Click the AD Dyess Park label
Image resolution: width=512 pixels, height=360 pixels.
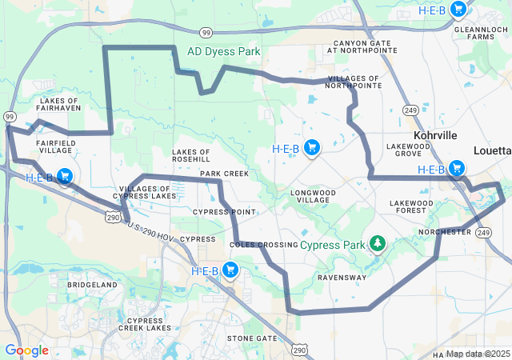224,51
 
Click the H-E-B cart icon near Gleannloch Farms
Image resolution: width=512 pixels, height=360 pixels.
458,10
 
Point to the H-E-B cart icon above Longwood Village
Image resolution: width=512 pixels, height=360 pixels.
312,147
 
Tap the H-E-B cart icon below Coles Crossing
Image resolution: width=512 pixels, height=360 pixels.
230,270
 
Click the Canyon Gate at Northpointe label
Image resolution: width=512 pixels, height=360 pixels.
362,46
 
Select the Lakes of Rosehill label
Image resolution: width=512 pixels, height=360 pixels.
191,155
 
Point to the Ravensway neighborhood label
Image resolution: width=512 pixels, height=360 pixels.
342,278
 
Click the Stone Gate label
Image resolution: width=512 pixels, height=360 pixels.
251,338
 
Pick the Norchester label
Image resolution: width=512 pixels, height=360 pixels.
445,232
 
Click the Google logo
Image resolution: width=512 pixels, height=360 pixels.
26,350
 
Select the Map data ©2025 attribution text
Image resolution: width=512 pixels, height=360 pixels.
478,354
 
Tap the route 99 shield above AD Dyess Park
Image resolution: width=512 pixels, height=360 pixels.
206,32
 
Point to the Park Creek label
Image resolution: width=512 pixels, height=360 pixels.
224,174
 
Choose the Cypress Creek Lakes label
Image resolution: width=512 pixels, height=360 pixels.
145,324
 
